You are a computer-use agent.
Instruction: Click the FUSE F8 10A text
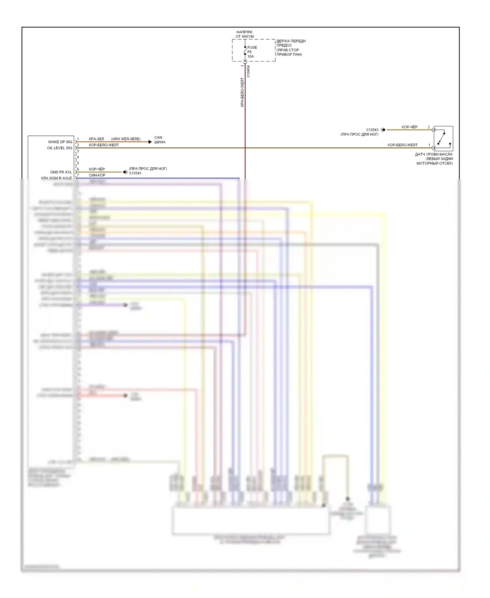pos(252,52)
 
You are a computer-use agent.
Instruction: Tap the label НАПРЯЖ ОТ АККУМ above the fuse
pos(244,34)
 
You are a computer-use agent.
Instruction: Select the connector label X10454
pos(248,71)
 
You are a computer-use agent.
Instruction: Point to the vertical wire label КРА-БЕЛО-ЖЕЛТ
pos(242,92)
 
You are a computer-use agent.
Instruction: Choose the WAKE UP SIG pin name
pos(60,142)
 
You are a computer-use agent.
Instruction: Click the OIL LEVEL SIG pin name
pos(59,148)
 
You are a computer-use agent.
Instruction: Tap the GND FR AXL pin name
pos(61,172)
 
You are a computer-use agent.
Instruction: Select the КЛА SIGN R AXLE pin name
pos(57,178)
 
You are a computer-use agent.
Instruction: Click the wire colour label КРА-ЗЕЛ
pos(96,139)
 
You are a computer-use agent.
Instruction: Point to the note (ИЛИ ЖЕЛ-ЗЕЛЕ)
pos(126,139)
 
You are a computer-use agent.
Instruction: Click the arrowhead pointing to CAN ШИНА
pos(150,142)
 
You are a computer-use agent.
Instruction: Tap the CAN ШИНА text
pos(160,140)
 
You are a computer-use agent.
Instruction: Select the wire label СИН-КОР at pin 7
pos(97,175)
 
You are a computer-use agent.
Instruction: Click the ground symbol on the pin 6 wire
pos(125,172)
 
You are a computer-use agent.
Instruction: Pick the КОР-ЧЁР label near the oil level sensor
pos(409,127)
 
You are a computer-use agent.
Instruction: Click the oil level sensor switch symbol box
pos(443,138)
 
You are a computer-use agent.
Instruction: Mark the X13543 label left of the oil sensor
pos(372,130)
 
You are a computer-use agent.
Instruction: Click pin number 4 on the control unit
pos(78,157)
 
